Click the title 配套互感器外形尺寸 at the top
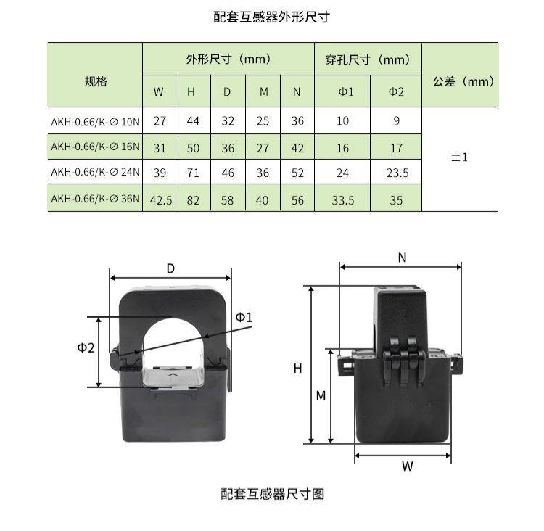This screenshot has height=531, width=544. click(x=272, y=17)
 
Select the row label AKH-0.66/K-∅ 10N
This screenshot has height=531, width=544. click(x=95, y=122)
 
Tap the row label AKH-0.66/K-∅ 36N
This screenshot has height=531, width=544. click(x=95, y=199)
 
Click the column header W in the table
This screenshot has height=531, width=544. click(x=159, y=91)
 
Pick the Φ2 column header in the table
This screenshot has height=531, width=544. click(x=396, y=91)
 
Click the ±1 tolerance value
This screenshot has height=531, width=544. click(x=459, y=157)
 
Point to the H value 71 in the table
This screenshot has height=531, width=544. click(x=193, y=173)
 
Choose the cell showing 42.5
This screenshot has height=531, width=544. click(x=160, y=200)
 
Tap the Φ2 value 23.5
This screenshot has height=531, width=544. click(x=397, y=173)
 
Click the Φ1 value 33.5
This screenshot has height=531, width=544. click(x=343, y=200)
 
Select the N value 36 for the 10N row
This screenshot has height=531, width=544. click(x=297, y=120)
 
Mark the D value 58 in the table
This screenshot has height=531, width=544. click(x=227, y=200)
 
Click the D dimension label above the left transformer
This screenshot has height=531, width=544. click(x=170, y=268)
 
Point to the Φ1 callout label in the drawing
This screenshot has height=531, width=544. click(x=244, y=317)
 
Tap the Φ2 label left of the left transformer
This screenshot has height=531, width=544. click(x=86, y=347)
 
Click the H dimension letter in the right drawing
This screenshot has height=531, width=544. click(x=297, y=369)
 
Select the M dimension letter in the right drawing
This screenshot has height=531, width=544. click(x=321, y=395)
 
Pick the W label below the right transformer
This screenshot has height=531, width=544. click(x=408, y=466)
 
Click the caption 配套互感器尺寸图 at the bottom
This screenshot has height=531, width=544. click(x=273, y=494)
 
